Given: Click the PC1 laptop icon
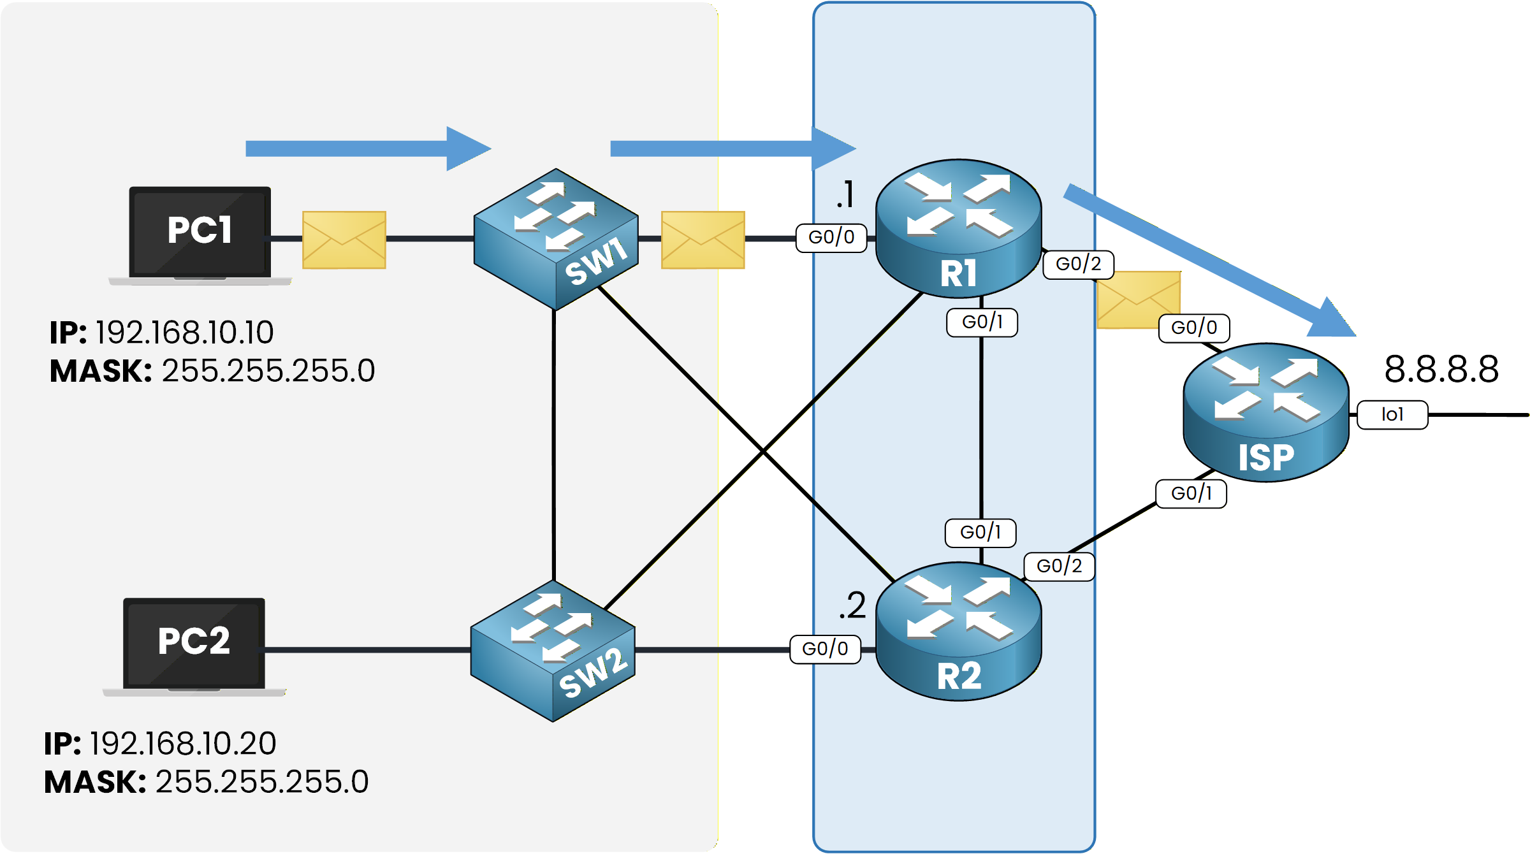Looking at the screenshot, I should coord(200,235).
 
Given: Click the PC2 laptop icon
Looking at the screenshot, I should coord(194,646).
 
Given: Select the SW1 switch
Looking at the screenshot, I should coord(556,238).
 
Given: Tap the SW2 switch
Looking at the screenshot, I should coord(553,650).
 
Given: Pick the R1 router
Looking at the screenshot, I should coord(958,228).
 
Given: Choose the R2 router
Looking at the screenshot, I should coord(958,631).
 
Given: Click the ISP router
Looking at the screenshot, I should coord(1265,412).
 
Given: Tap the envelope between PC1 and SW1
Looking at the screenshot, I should coord(344,240).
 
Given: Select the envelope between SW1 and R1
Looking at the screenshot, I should coord(703,240).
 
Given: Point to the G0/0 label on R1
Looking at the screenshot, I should coord(831,238).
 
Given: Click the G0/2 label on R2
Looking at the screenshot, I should coord(1059,566).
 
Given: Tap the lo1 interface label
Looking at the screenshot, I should coord(1392,415).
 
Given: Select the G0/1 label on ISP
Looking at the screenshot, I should coord(1191,493).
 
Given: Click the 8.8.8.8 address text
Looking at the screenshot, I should coord(1441,370).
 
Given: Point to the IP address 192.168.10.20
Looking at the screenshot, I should coord(183,743).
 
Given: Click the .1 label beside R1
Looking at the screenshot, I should coord(845,194).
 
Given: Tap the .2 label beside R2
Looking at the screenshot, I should coord(852,605).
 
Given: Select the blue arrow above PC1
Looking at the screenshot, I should coord(367,148).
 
